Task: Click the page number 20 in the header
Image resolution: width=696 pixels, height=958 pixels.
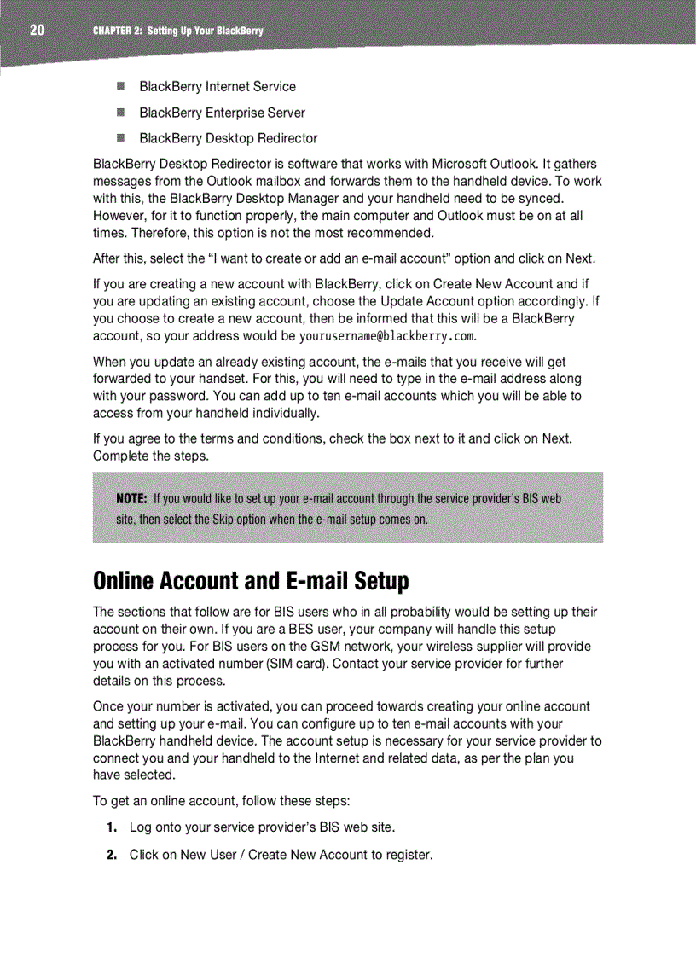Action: [36, 31]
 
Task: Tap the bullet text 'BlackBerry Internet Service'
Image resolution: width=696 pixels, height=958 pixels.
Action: [217, 87]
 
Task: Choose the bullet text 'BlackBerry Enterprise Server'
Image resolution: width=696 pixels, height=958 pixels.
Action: [222, 113]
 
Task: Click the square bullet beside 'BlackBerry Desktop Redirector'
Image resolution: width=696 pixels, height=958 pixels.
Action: [122, 138]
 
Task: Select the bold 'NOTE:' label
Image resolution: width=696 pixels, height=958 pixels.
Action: [132, 499]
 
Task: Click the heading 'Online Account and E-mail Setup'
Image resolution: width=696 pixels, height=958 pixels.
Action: [251, 582]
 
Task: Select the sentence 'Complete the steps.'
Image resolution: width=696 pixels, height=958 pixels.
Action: [150, 456]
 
